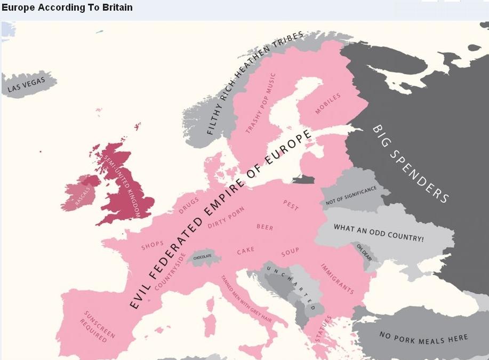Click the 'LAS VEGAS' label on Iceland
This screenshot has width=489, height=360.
(x=27, y=85)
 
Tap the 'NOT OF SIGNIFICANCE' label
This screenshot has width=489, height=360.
(x=350, y=196)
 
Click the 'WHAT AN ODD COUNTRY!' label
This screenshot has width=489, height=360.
(x=379, y=233)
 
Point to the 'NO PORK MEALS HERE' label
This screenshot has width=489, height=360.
(x=423, y=337)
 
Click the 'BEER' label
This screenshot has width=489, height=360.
(x=265, y=227)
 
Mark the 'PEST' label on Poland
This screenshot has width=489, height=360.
(x=291, y=205)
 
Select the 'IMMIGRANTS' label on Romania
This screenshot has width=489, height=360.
(x=337, y=278)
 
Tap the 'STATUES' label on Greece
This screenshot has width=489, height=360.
(x=323, y=329)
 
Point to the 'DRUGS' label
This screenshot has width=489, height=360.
(x=189, y=205)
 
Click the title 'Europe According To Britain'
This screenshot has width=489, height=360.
(x=67, y=7)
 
